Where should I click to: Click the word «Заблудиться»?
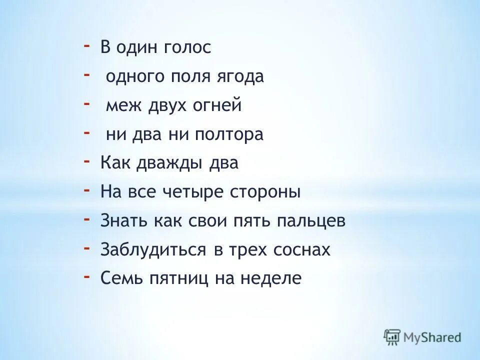coord(150,250)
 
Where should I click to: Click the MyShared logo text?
coord(432,337)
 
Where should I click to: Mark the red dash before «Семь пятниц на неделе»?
coord(87,276)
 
